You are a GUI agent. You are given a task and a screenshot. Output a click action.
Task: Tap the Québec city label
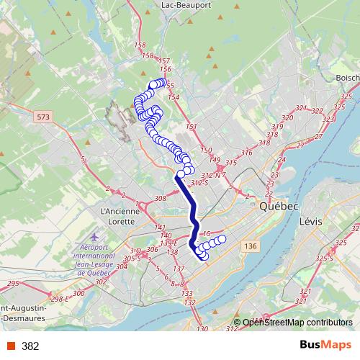[279, 206]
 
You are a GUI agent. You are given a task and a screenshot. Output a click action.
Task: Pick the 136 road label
[250, 247]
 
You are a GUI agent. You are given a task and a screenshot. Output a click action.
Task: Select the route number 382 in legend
[30, 346]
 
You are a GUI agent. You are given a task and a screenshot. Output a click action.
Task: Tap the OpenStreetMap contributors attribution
[297, 323]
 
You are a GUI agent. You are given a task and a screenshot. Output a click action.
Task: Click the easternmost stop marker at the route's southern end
[222, 238]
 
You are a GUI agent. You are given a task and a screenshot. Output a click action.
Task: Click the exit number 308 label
[161, 197]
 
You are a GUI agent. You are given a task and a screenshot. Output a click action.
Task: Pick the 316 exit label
[247, 152]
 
